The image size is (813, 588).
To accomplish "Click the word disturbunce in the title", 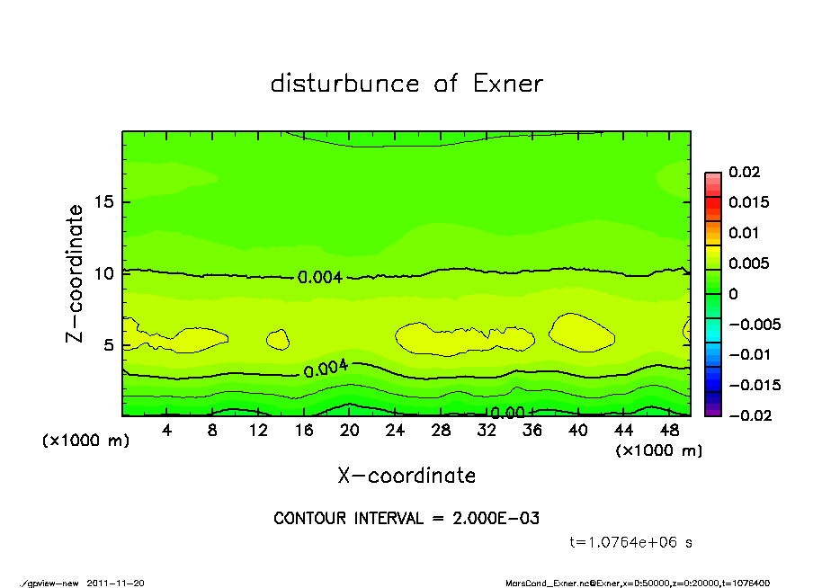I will point(345,84).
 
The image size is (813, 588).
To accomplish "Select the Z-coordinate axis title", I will point(76,273).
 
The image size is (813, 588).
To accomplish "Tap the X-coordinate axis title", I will point(406,475).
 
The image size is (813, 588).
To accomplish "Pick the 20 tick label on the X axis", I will point(350,431).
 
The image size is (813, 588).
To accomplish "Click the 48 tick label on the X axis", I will point(669,431).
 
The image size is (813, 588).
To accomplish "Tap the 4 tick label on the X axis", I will point(166,431).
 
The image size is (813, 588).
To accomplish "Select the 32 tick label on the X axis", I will point(487,431).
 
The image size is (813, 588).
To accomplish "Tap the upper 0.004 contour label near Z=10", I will point(320,277).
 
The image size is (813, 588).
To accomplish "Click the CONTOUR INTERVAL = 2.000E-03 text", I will point(406,519).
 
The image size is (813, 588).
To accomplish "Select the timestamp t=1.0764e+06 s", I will point(631,542).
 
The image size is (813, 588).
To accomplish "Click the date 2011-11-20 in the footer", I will point(116,583).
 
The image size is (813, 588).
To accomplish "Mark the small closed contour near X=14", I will point(277,339).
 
